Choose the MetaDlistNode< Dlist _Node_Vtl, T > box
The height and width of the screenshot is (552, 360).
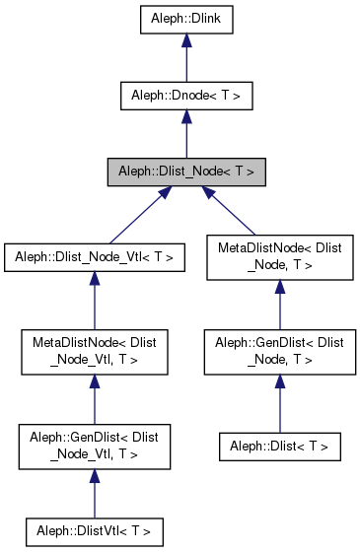click(x=94, y=352)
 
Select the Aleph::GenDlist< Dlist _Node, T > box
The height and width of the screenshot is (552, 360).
click(x=280, y=352)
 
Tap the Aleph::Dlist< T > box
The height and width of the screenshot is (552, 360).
click(x=280, y=447)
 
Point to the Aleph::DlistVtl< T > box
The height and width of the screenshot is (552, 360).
click(x=94, y=531)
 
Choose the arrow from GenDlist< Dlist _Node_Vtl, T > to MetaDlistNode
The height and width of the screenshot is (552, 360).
click(x=94, y=399)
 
